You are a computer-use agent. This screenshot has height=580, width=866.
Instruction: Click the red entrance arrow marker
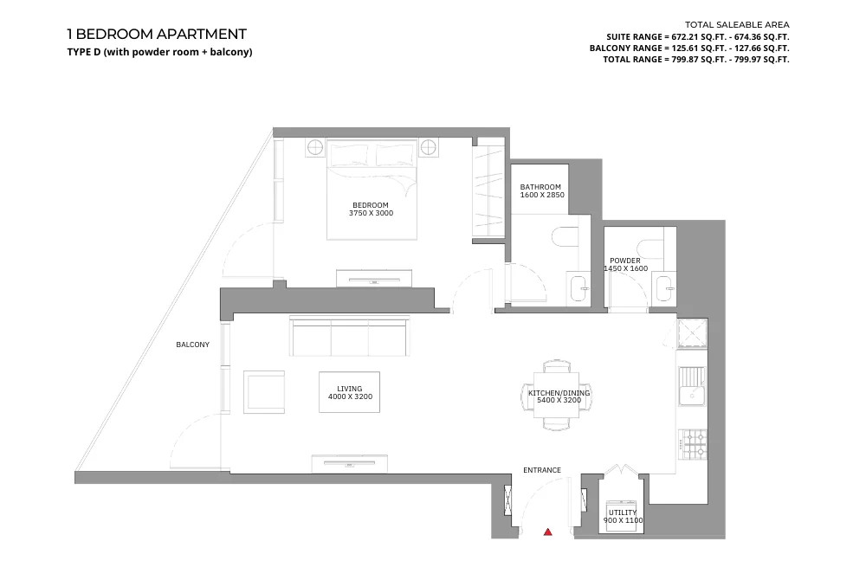tap(547, 532)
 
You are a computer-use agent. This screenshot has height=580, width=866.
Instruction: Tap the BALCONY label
tap(192, 345)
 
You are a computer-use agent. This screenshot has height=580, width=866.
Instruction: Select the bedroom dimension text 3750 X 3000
tap(371, 213)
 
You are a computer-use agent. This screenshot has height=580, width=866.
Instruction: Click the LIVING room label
tap(350, 389)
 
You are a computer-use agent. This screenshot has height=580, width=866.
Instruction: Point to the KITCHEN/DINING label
tap(559, 393)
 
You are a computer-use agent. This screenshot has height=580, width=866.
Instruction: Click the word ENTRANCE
tap(542, 470)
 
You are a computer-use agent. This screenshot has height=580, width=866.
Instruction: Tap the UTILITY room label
tap(622, 512)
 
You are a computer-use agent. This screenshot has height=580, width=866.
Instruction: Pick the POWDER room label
tap(625, 261)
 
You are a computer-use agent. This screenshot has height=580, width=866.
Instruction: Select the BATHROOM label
tap(540, 187)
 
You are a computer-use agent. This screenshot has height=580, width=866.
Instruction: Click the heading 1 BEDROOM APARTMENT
tap(157, 35)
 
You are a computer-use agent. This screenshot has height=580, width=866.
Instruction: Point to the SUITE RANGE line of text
tap(698, 37)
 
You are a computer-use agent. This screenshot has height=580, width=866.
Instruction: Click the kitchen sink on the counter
tap(692, 386)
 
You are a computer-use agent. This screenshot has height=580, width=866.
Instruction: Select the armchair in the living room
tap(264, 391)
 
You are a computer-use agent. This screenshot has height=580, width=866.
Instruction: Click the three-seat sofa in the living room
tap(350, 337)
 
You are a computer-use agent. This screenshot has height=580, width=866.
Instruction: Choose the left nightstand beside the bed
tap(314, 148)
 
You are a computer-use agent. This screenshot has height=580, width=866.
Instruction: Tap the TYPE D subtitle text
tap(159, 52)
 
